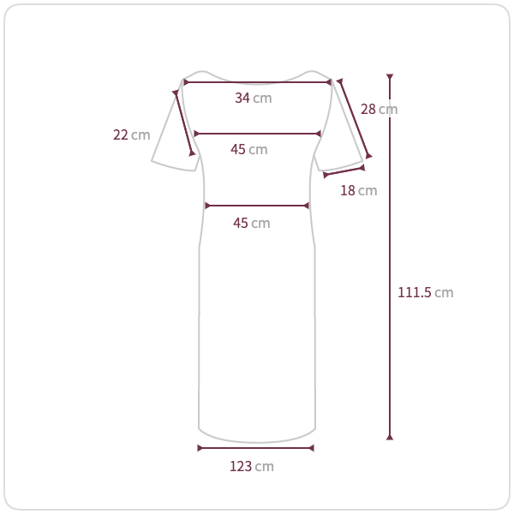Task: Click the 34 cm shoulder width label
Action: point(254,98)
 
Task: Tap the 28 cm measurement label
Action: point(380,109)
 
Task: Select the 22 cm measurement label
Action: point(131,134)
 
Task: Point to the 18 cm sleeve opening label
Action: point(359,190)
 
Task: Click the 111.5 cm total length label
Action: point(426,292)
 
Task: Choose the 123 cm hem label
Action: point(252,467)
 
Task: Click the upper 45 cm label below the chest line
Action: point(249,149)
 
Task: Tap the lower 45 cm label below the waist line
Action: point(252,224)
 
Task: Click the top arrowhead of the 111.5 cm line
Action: point(390,77)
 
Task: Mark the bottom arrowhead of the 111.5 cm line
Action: point(390,437)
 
